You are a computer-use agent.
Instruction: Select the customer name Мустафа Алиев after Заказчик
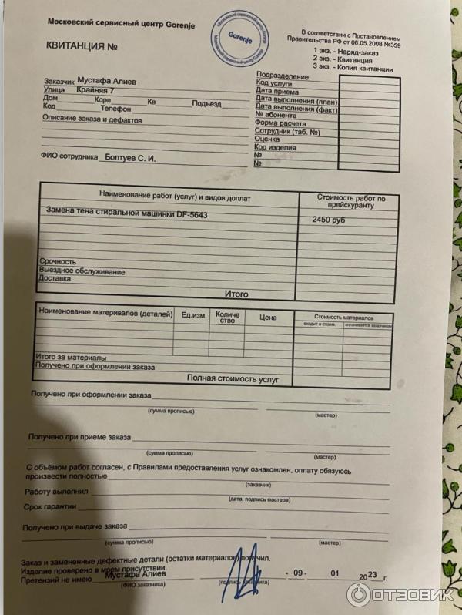108,80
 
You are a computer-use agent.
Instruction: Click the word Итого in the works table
236,294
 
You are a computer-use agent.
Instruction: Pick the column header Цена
268,317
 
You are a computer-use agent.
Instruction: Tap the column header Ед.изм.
193,315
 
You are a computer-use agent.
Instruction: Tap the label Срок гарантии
49,506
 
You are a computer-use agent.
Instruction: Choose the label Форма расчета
280,123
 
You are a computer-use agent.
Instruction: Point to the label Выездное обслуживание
82,272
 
